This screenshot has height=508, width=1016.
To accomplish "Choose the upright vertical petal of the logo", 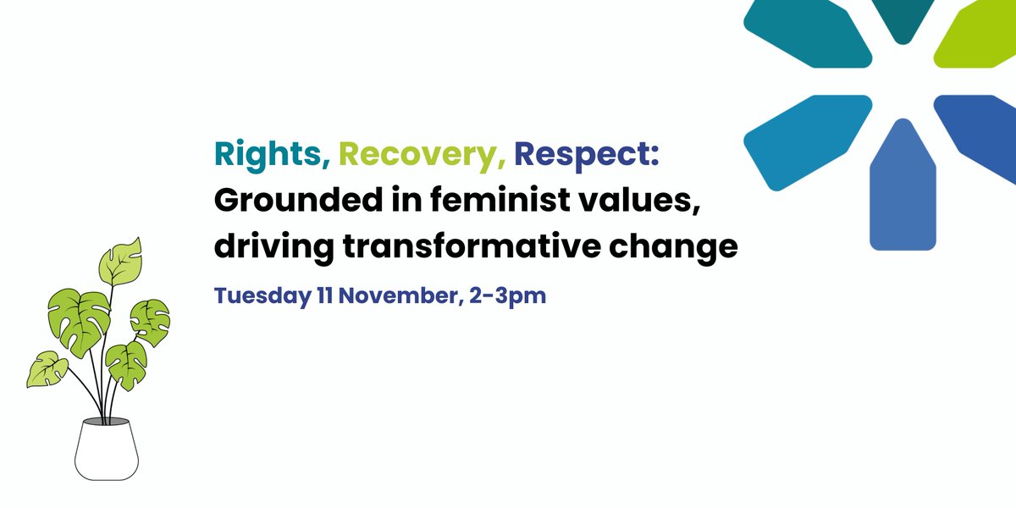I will (x=903, y=190).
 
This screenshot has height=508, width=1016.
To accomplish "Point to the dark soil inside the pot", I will (x=105, y=421).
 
